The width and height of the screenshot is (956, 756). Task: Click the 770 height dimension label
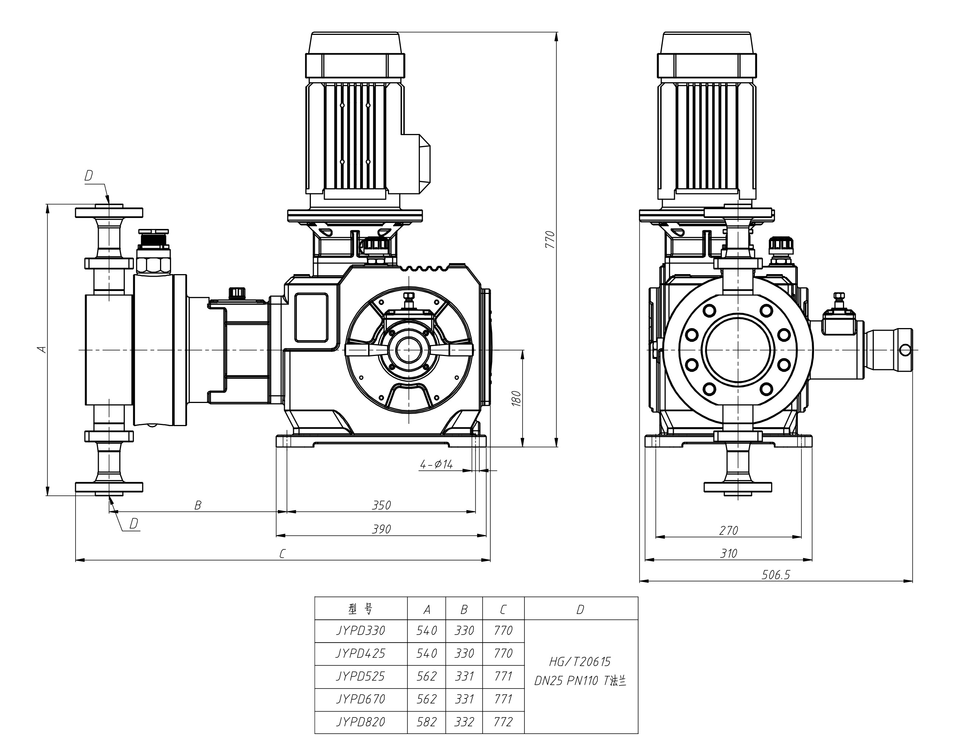coord(550,239)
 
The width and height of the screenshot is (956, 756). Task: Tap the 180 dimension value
coord(516,398)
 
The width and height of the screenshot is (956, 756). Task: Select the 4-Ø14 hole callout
coord(436,464)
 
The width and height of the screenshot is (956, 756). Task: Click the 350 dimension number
coord(381,505)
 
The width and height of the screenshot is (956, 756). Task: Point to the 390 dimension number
coord(381,529)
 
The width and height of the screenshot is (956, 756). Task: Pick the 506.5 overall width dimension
coord(775,575)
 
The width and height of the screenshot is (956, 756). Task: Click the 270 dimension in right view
coord(728,530)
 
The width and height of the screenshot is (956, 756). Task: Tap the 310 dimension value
coord(728,553)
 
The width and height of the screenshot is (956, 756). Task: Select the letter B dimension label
coord(198,505)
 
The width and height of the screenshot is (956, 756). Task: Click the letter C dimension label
coord(282,553)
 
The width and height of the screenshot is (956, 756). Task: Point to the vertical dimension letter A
coord(42,349)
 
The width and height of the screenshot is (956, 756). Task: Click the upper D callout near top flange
coord(88,176)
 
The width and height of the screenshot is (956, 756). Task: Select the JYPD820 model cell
coord(361,722)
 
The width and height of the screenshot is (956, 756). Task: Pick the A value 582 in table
coord(426,722)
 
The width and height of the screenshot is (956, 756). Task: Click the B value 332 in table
coord(464,722)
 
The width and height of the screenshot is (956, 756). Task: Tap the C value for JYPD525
coord(503,676)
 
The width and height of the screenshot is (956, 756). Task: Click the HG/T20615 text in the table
coord(580,662)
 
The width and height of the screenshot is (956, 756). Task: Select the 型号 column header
coord(361,610)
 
